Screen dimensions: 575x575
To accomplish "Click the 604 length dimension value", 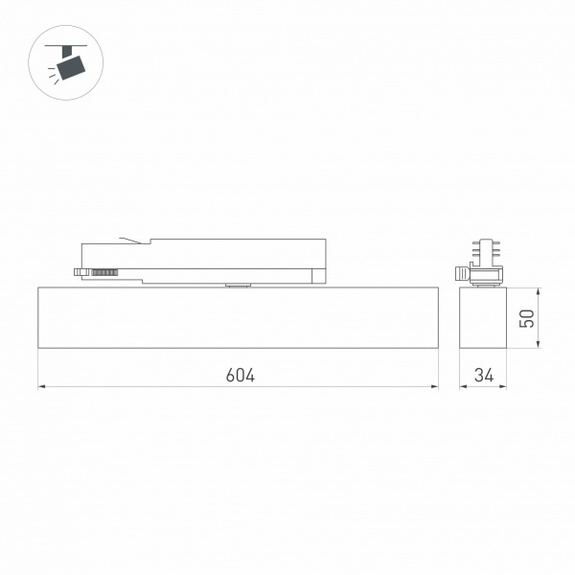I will tap(240, 375).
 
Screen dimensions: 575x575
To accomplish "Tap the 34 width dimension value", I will tap(483, 375).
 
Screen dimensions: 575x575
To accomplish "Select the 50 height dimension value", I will tap(526, 318).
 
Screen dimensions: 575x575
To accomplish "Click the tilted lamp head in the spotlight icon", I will tap(71, 67).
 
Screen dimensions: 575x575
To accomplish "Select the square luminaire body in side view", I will tap(483, 317).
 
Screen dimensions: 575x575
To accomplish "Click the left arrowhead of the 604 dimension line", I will tap(41, 387).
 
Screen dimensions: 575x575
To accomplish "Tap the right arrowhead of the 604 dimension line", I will tap(434, 387).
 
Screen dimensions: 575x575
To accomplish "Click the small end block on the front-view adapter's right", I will tap(317, 277).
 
